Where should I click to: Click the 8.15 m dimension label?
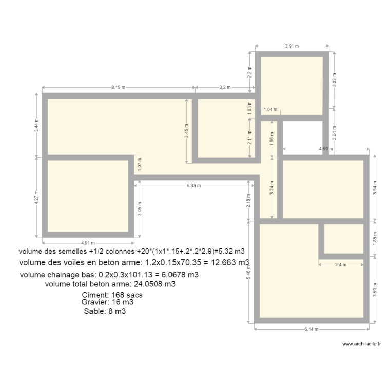pos(118,87)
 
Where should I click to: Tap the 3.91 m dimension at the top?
pos(292,46)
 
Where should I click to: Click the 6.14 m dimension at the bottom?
pos(312,330)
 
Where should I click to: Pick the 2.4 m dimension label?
pos(341,265)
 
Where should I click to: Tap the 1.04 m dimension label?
pos(270,109)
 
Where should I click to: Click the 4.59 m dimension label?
pos(324,149)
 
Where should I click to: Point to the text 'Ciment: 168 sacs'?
pos(112,295)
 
